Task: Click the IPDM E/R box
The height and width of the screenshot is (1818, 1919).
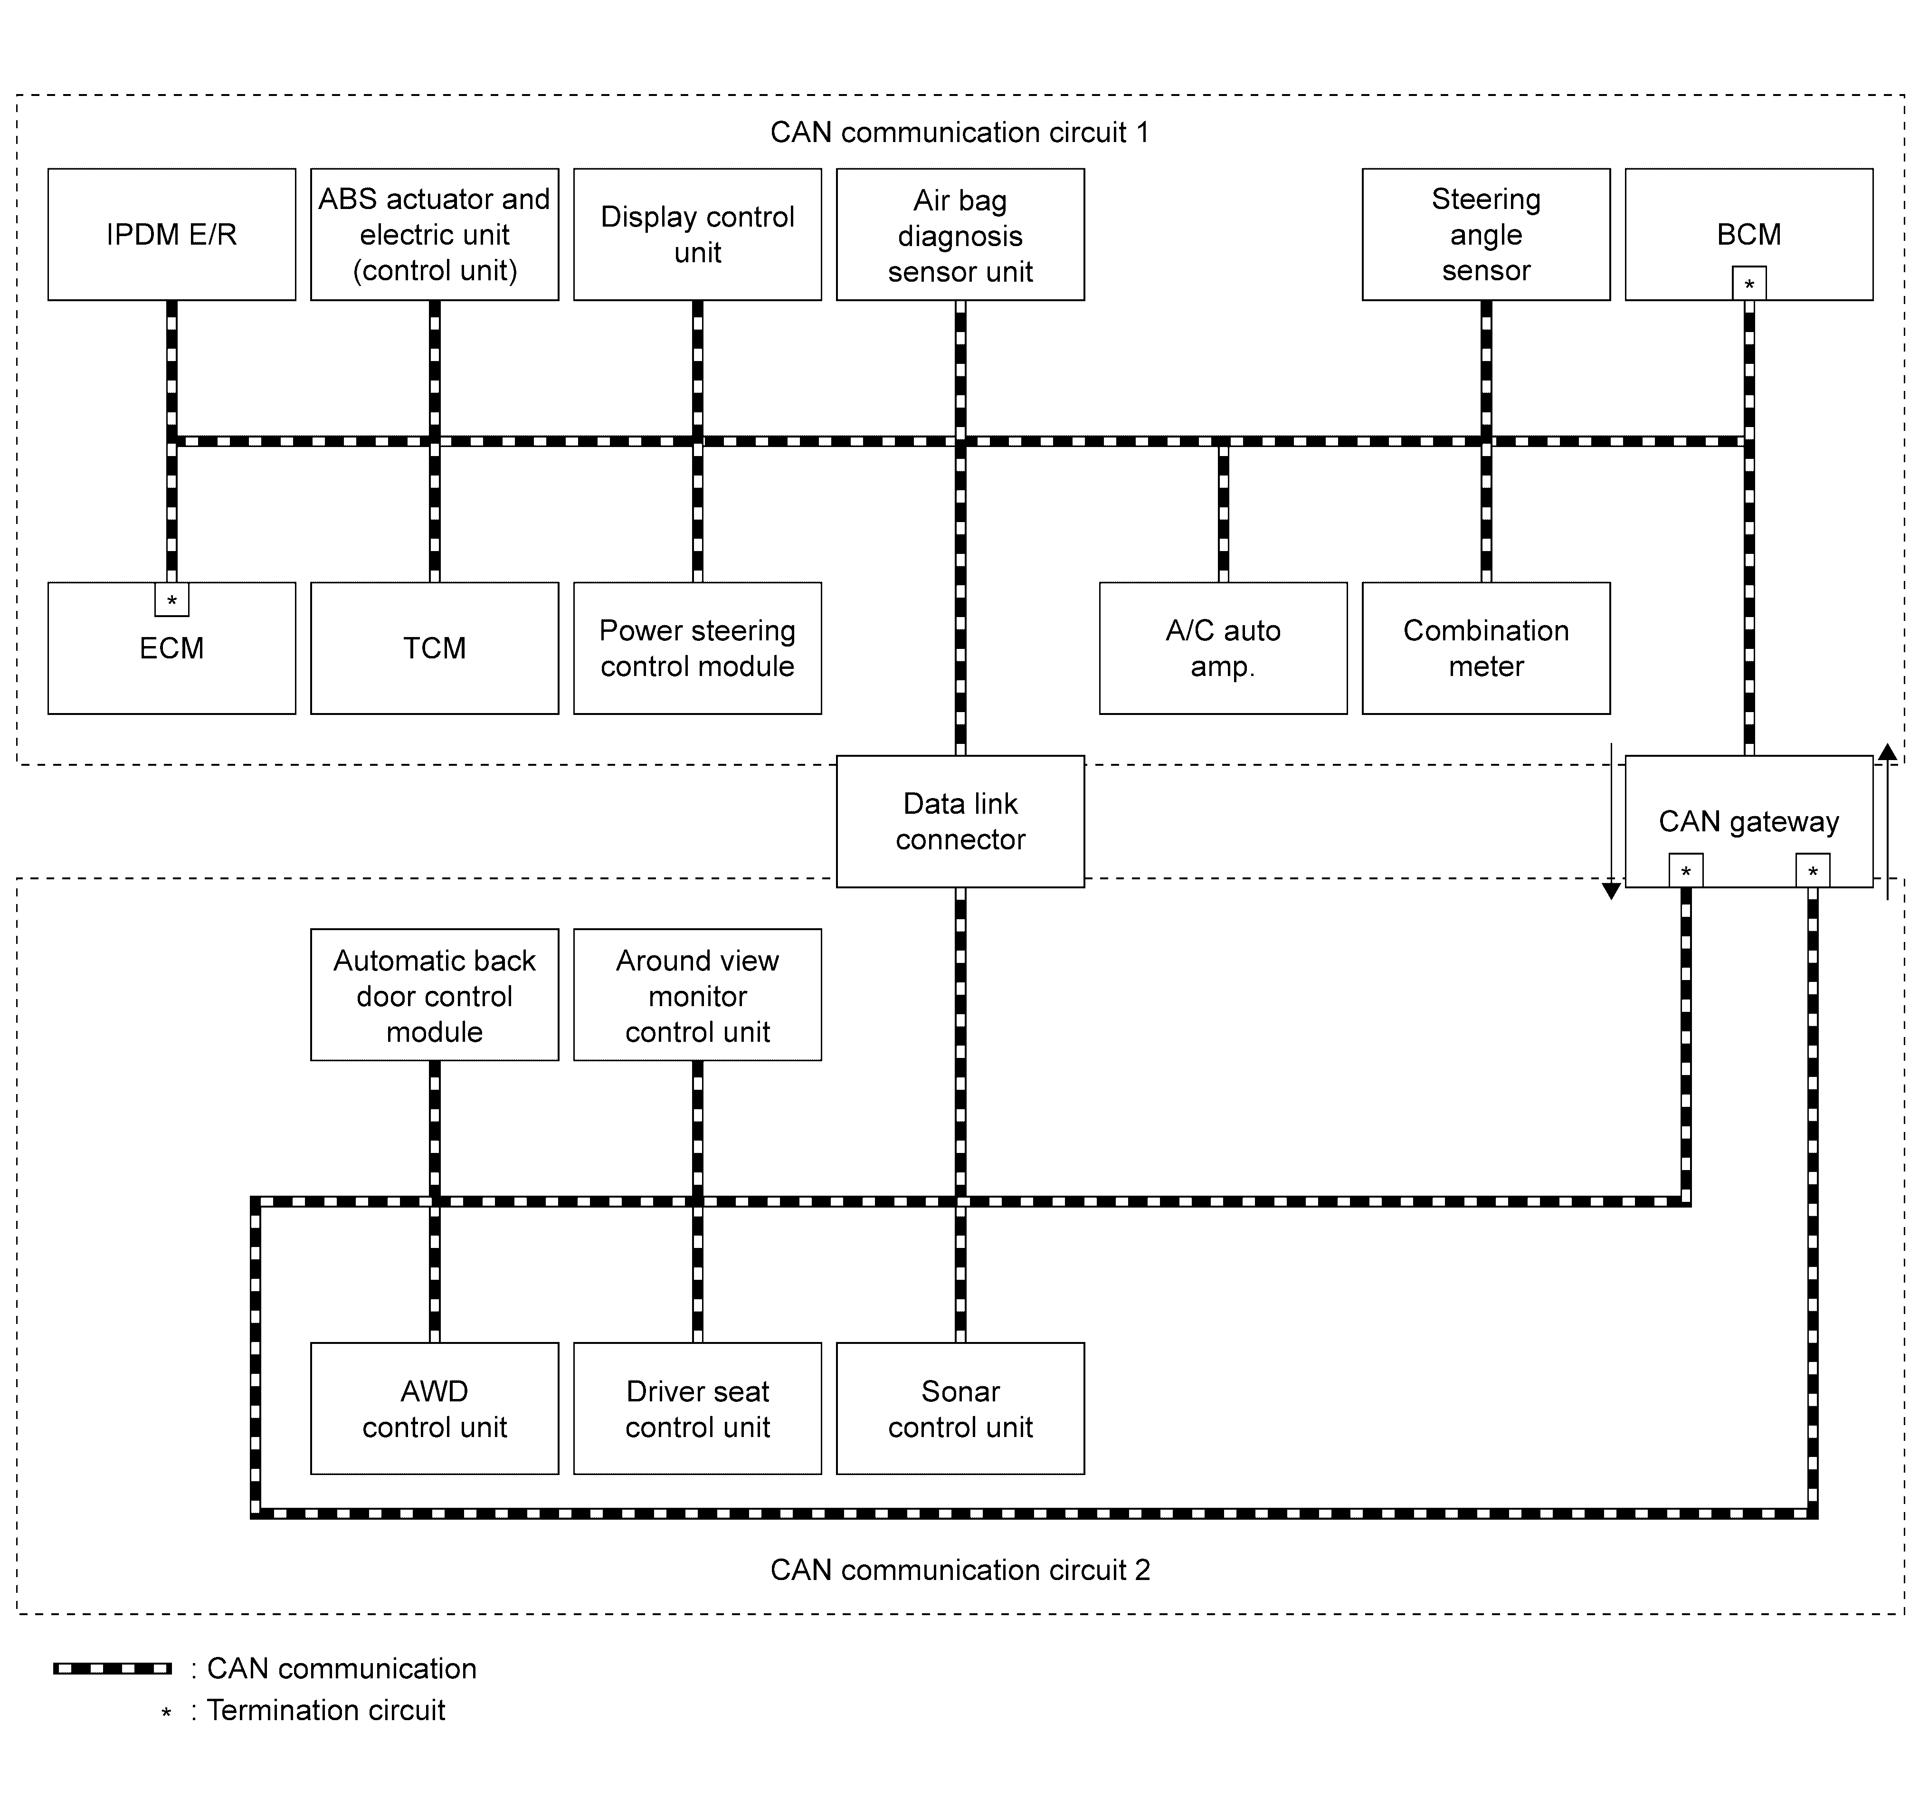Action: click(171, 235)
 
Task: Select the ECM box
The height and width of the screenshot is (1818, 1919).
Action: click(171, 648)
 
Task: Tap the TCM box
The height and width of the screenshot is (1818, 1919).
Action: click(434, 648)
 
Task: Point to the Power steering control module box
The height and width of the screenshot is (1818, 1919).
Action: click(698, 648)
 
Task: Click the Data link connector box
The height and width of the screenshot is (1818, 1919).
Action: click(960, 822)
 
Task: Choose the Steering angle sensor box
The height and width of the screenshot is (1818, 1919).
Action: click(1486, 235)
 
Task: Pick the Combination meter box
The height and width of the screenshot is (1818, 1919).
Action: click(1486, 648)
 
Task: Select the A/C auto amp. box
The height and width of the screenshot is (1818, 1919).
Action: click(1223, 648)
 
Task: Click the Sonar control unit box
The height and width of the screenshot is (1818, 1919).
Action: click(960, 1408)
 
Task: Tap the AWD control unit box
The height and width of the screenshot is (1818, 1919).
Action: click(434, 1408)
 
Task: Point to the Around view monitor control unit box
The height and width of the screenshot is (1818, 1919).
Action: click(698, 995)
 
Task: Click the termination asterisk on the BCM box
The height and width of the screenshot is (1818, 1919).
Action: click(1749, 284)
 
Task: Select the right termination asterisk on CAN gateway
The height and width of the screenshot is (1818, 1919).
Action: click(1813, 870)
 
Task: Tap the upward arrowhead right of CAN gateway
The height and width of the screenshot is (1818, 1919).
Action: click(1887, 752)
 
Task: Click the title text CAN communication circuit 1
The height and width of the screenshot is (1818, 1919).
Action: click(959, 133)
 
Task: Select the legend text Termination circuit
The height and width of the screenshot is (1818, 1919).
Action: click(326, 1711)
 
